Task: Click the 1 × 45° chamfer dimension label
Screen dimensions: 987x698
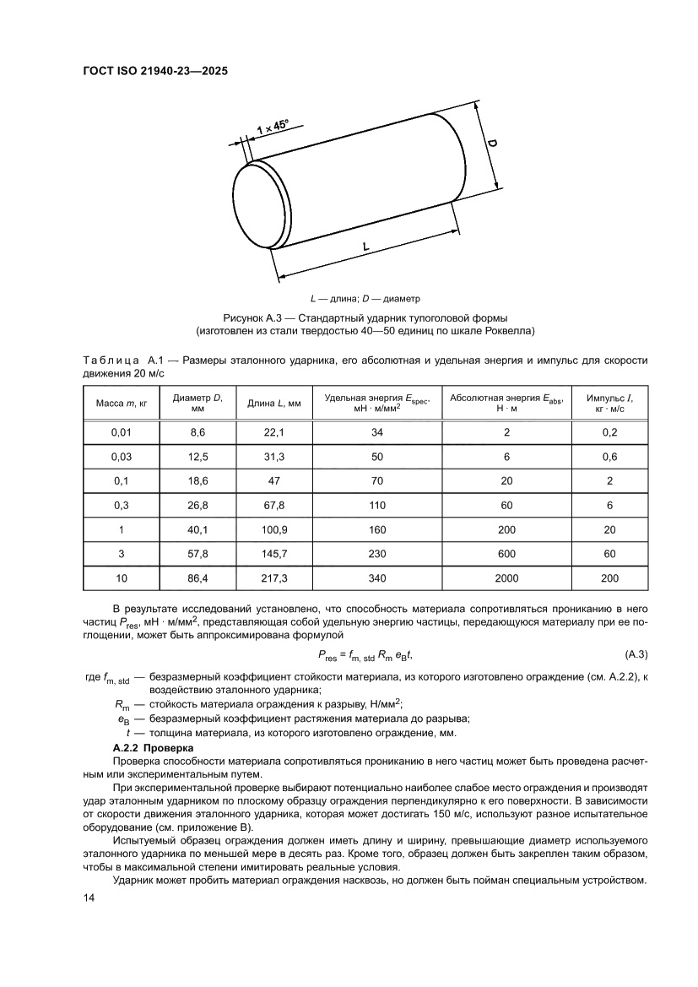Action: tap(272, 127)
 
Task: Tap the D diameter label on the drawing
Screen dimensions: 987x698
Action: tap(491, 146)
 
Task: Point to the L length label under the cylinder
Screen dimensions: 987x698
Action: tap(366, 247)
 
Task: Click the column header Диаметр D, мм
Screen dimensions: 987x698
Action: tap(197, 402)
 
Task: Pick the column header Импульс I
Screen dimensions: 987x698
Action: tap(610, 402)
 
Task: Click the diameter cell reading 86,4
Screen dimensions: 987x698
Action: tap(197, 578)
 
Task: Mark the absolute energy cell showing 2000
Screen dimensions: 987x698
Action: tap(506, 578)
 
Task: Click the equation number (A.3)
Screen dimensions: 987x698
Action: tap(635, 654)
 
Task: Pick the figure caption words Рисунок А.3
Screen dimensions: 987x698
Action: tap(252, 318)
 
